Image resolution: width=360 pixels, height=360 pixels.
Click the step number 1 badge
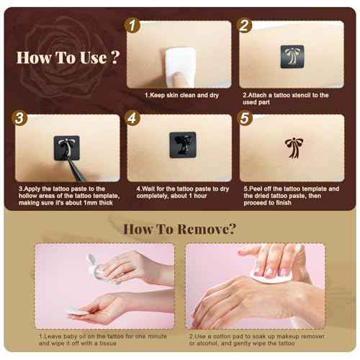pyautogui.click(x=132, y=26)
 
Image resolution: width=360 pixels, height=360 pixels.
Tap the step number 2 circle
pyautogui.click(x=245, y=26)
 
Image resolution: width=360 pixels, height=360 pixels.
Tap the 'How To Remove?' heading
pyautogui.click(x=179, y=229)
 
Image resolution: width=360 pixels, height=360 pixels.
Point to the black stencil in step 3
pyautogui.click(x=66, y=148)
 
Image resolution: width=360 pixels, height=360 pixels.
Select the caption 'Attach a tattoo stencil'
pyautogui.click(x=292, y=94)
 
